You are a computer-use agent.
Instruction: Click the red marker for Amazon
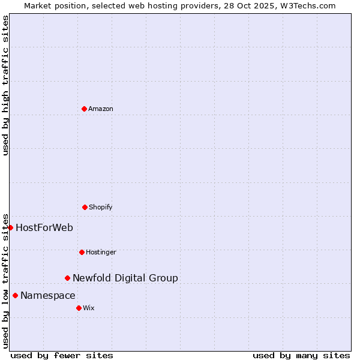84,109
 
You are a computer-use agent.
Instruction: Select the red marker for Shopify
85,207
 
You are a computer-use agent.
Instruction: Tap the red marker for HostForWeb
10,227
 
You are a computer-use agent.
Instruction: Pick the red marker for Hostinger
82,252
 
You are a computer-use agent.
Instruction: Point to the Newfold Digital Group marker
67,278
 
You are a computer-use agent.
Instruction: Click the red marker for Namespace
15,295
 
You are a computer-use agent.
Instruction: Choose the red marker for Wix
79,308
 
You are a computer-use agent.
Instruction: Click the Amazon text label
101,109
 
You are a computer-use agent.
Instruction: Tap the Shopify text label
101,207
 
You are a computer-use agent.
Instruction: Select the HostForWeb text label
44,227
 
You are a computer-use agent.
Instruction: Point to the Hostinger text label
101,252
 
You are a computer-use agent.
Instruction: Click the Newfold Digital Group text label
125,278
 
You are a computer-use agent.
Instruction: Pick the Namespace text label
48,295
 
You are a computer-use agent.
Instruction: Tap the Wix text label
89,308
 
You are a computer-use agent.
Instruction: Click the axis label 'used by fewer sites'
62,355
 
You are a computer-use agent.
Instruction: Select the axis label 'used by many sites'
301,355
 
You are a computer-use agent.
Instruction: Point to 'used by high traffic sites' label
5,85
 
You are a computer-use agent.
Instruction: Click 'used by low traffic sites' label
5,280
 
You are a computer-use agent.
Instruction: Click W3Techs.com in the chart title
309,5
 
